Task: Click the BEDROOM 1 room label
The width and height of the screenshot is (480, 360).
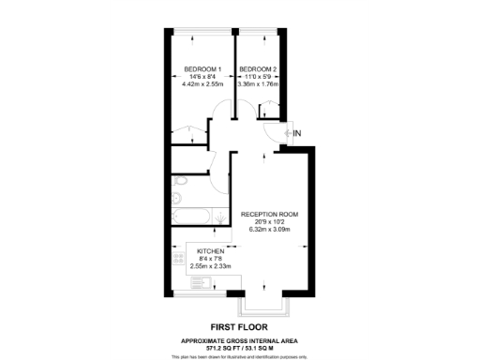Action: pyautogui.click(x=202, y=69)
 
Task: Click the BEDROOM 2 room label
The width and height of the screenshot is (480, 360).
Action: pyautogui.click(x=258, y=69)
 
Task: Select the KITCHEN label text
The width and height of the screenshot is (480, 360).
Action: pyautogui.click(x=211, y=251)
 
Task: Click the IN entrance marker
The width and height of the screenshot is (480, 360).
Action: pyautogui.click(x=297, y=134)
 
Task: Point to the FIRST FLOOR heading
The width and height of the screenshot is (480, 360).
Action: pyautogui.click(x=240, y=326)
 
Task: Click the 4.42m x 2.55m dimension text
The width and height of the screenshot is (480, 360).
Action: pyautogui.click(x=202, y=84)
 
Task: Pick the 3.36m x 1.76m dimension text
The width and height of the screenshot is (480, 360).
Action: pyautogui.click(x=259, y=84)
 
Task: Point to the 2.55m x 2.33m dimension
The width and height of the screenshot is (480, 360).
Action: pyautogui.click(x=211, y=266)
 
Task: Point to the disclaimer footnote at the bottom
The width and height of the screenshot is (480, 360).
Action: pyautogui.click(x=240, y=355)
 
